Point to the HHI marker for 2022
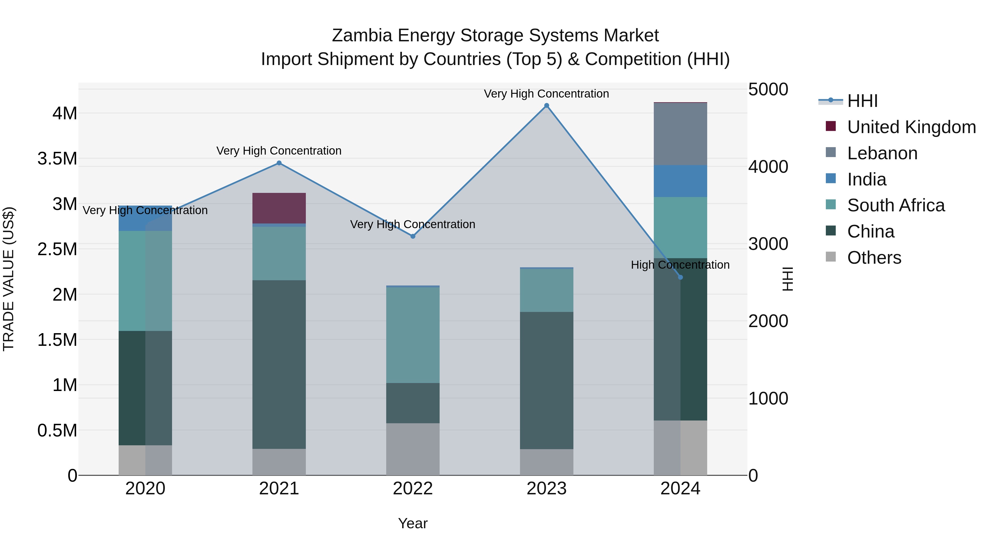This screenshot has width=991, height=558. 413,236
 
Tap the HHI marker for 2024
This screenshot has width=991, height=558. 680,277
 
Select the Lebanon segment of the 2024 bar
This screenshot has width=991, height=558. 680,134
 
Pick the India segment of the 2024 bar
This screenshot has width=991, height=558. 680,181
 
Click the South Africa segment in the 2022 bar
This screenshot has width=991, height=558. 413,335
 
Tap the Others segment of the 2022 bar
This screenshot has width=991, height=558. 413,449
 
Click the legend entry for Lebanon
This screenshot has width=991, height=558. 882,153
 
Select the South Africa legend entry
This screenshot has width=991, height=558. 895,205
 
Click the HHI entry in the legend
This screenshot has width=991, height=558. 862,101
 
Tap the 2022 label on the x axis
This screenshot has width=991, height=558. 413,489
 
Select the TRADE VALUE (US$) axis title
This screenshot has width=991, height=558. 9,279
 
